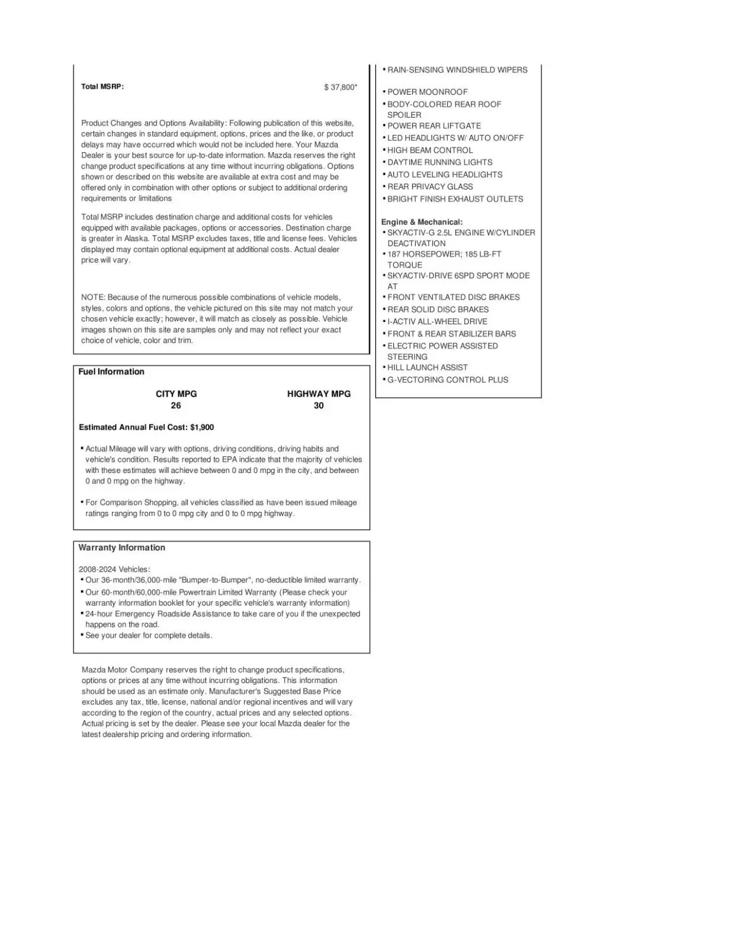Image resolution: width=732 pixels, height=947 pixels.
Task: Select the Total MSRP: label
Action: point(102,86)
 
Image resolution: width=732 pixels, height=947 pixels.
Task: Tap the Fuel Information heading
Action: point(111,372)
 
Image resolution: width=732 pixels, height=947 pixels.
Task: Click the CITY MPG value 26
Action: point(176,405)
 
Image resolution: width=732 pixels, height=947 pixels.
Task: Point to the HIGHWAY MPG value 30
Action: point(319,405)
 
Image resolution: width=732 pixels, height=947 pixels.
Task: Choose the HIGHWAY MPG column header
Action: point(319,394)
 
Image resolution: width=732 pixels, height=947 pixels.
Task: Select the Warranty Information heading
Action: point(121,547)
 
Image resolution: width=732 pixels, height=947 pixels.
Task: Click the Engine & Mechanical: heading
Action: point(422,222)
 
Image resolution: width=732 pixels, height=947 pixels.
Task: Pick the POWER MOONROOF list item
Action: point(427,92)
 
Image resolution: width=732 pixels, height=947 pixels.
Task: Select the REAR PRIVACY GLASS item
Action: point(430,186)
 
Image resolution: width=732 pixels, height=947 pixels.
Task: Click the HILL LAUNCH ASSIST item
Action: point(427,368)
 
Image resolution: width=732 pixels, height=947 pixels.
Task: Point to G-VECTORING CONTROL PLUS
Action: point(447,380)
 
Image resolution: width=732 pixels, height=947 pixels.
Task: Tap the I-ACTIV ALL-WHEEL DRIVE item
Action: point(437,321)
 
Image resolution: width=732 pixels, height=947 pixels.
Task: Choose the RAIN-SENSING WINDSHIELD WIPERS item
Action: point(457,70)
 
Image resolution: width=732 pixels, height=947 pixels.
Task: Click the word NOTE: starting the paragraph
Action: point(93,297)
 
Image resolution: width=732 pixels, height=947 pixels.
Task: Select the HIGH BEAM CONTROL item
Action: point(430,150)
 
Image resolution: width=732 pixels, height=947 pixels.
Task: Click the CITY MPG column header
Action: point(176,394)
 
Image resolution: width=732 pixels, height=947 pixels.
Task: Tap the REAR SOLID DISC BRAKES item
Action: point(438,310)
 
